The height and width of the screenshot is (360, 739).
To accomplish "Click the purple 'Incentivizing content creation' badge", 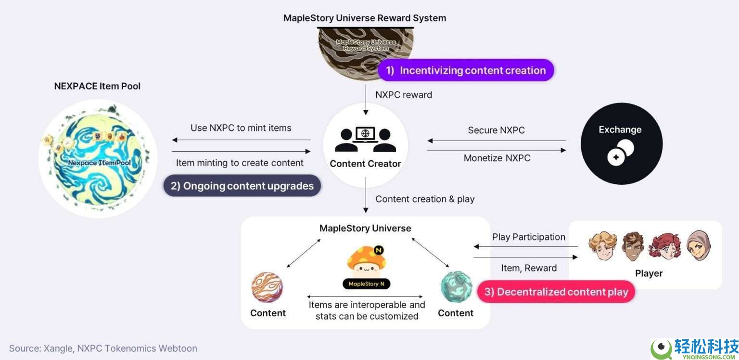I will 466,70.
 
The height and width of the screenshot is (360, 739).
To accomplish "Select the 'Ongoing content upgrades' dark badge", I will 242,186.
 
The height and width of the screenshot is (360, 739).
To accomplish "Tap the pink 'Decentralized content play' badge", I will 556,292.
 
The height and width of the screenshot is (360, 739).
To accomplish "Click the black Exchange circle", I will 621,143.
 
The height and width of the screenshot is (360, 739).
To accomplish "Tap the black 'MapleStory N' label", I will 366,284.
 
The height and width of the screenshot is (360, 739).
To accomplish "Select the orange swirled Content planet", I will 267,287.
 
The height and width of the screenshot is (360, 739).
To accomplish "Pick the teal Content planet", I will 456,287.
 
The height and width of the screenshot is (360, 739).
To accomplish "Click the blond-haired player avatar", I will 603,246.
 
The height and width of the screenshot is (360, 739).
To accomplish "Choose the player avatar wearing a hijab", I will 698,246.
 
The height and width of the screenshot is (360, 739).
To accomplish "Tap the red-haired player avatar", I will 665,246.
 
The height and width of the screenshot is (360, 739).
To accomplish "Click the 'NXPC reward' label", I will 404,95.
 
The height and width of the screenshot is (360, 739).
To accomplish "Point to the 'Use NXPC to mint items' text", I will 241,128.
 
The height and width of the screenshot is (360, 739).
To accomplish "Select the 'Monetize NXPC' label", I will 497,158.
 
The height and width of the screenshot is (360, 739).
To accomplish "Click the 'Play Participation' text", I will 528,237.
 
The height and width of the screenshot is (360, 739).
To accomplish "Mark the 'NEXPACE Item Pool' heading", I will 97,86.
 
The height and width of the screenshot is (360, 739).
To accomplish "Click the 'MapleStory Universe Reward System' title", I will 365,18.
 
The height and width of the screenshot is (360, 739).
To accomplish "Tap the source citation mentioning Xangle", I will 103,348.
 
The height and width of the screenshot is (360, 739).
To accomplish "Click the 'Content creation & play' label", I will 425,199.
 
